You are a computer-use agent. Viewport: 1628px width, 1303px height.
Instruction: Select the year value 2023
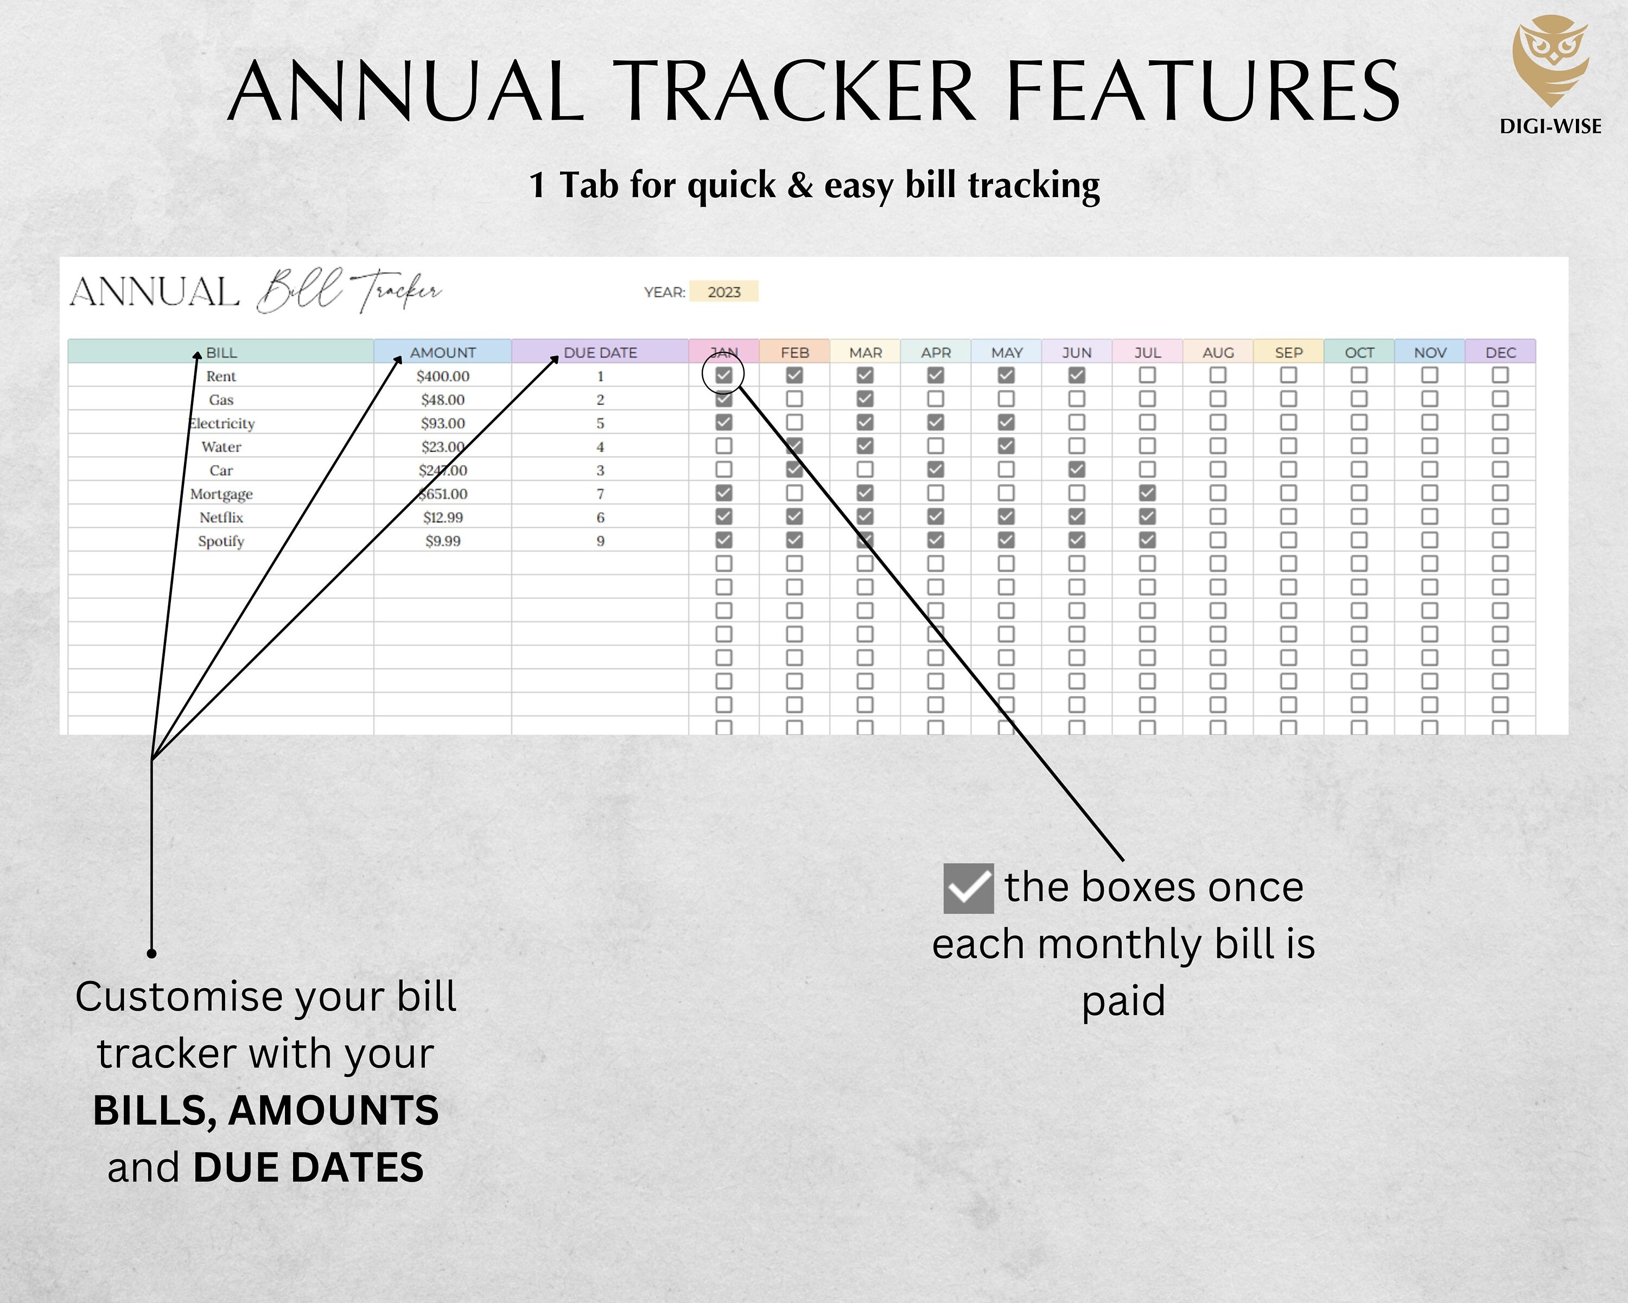pyautogui.click(x=723, y=292)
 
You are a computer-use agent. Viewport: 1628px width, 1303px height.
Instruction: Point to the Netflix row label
pyautogui.click(x=221, y=517)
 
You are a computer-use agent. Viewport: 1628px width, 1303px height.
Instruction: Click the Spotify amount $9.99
pyautogui.click(x=442, y=541)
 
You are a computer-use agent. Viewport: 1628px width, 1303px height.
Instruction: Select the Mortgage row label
pyautogui.click(x=221, y=494)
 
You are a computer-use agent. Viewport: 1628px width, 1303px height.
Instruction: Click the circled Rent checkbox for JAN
pyautogui.click(x=723, y=375)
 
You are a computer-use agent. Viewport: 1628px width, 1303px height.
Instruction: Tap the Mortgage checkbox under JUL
pyautogui.click(x=1147, y=492)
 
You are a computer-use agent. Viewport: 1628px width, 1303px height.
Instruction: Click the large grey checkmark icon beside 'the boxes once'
pyautogui.click(x=968, y=888)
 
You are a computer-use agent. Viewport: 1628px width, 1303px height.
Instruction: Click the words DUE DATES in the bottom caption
pyautogui.click(x=308, y=1168)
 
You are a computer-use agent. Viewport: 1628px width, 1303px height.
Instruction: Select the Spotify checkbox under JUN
pyautogui.click(x=1077, y=540)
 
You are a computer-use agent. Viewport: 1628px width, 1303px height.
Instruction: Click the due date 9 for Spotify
pyautogui.click(x=600, y=541)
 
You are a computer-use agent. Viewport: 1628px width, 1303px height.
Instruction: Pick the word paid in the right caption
pyautogui.click(x=1124, y=1002)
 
